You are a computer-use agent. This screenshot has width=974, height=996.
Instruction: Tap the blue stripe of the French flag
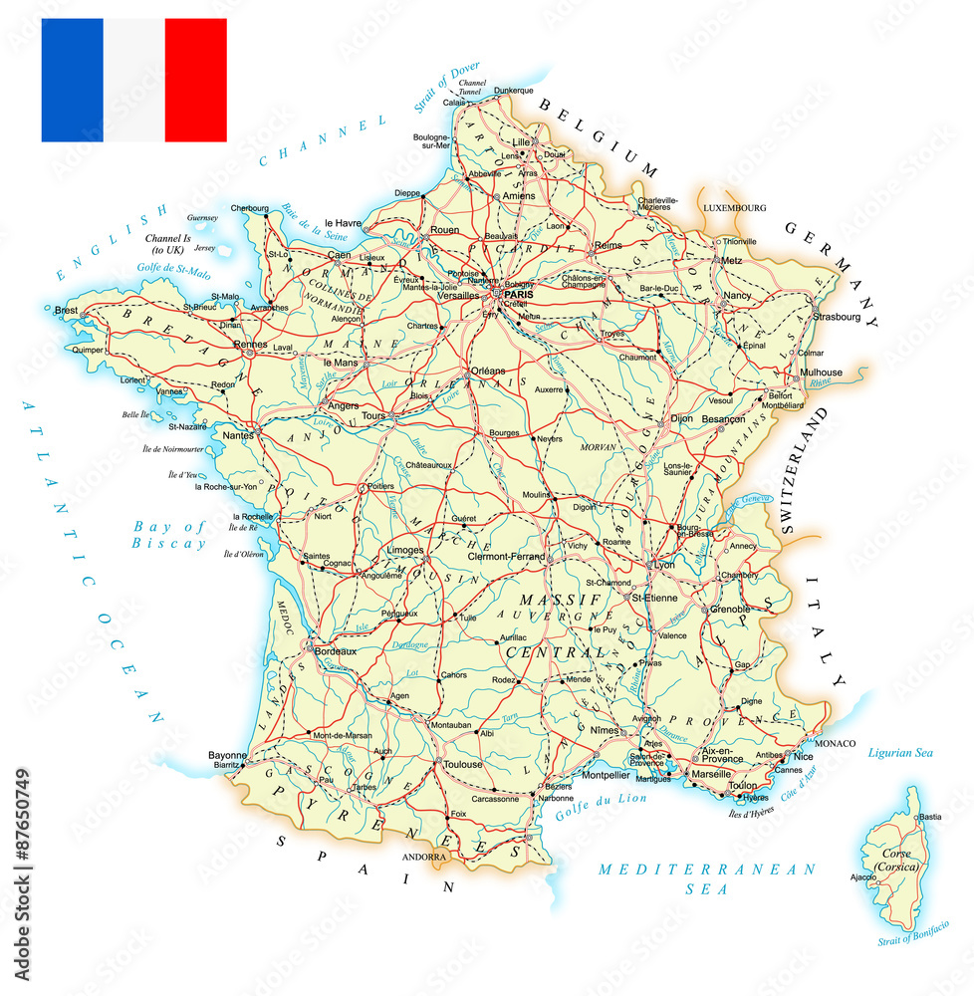[x=72, y=80]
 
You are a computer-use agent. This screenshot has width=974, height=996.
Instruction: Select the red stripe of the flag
[x=195, y=80]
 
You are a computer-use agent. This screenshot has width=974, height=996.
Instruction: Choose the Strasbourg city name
[x=837, y=317]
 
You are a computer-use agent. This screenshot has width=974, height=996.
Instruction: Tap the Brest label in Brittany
[x=67, y=311]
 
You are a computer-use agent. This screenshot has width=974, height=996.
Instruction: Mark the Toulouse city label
[x=463, y=765]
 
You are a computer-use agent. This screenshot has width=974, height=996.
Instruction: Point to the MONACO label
[x=835, y=743]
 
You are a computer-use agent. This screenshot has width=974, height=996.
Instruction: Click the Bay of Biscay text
[x=169, y=535]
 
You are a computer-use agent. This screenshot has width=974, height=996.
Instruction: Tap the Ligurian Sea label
[x=900, y=752]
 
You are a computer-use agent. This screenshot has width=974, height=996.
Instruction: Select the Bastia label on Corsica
[x=930, y=817]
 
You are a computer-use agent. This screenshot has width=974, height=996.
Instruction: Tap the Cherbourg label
[x=250, y=207]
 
